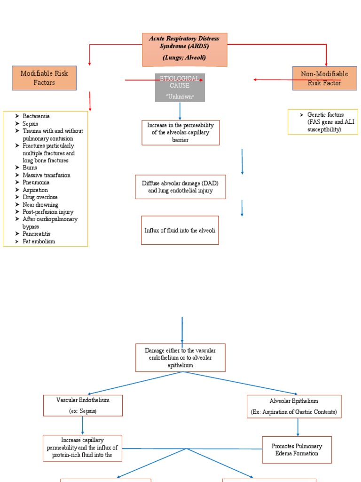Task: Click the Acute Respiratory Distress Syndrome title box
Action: point(185,49)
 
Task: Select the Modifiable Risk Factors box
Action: point(44,78)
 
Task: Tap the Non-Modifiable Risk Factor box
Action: point(324,78)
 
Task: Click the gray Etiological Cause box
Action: point(180,88)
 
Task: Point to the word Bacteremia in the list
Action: point(36,116)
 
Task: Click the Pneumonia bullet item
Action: point(36,182)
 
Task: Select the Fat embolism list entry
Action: point(39,241)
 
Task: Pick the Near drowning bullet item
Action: point(40,205)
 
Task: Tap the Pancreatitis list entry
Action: point(37,233)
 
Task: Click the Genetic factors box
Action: point(323,122)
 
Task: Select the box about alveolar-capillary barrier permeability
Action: point(180,133)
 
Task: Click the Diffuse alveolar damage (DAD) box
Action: point(180,187)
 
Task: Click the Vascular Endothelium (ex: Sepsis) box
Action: point(83,405)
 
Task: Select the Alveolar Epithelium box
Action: point(294,407)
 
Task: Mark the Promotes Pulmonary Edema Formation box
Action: point(297,450)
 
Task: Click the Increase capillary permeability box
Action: point(82,448)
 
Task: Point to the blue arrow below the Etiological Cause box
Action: point(180,111)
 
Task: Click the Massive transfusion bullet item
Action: point(47,175)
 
